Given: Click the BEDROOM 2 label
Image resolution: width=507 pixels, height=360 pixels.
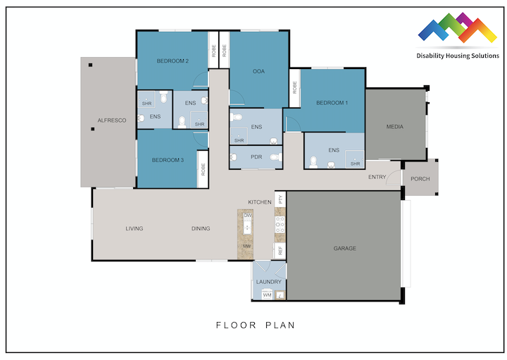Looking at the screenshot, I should pyautogui.click(x=172, y=61).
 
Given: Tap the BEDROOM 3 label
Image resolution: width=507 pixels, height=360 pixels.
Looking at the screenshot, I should pyautogui.click(x=168, y=161).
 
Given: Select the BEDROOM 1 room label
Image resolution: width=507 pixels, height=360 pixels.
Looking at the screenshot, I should pyautogui.click(x=332, y=104).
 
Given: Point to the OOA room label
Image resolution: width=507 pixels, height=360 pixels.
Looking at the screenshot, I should pyautogui.click(x=258, y=71).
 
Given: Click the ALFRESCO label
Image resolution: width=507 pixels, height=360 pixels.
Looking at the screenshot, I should pyautogui.click(x=111, y=121).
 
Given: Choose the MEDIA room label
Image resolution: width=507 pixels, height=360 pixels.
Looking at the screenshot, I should pyautogui.click(x=395, y=127).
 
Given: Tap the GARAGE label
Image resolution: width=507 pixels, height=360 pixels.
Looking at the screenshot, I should pyautogui.click(x=344, y=249).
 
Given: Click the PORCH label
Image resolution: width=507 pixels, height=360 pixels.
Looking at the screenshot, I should pyautogui.click(x=420, y=179).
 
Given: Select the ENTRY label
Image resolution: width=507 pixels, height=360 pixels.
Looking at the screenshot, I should pyautogui.click(x=377, y=178).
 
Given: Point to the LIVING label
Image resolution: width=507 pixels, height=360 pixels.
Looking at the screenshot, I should pyautogui.click(x=134, y=229).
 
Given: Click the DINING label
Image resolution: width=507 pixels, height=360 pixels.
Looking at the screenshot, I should pyautogui.click(x=201, y=229).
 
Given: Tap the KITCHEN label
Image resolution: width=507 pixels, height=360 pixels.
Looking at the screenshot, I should pyautogui.click(x=259, y=202).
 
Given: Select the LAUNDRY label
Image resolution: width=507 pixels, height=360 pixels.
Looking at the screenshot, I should pyautogui.click(x=269, y=282).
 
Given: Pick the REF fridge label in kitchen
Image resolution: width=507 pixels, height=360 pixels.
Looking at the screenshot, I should pyautogui.click(x=280, y=250).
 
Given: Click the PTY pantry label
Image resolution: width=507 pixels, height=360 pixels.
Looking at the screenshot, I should pyautogui.click(x=280, y=199).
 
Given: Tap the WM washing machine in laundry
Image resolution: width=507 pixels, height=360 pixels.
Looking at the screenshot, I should pyautogui.click(x=267, y=296).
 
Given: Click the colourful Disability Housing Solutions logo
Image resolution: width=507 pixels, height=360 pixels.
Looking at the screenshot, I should pyautogui.click(x=457, y=28).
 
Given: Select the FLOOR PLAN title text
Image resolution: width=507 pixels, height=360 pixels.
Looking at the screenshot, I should pyautogui.click(x=255, y=325).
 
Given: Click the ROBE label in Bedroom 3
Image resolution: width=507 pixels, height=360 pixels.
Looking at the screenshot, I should pyautogui.click(x=203, y=169).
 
